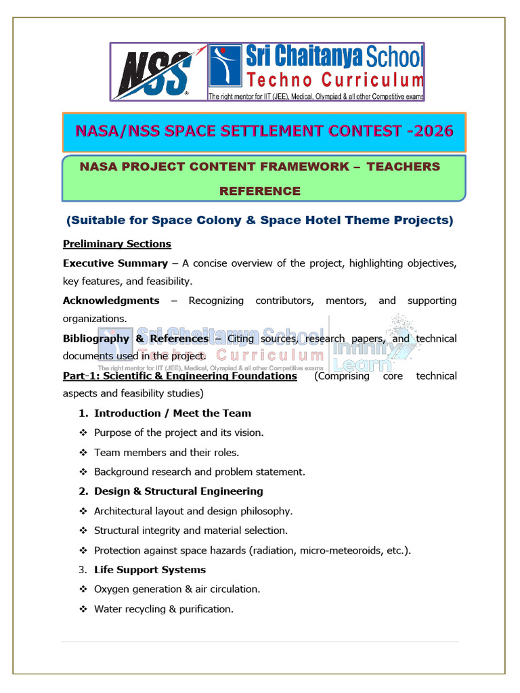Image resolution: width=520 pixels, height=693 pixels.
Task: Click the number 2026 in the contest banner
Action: (431, 131)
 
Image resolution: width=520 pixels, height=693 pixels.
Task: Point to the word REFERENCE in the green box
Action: (259, 191)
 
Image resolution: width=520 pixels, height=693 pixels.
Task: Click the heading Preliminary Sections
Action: (117, 244)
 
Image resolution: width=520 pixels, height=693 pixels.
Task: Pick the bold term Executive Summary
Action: (115, 263)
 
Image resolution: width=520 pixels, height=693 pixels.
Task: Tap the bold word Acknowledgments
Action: (111, 300)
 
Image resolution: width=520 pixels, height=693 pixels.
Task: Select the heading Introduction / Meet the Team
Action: (172, 413)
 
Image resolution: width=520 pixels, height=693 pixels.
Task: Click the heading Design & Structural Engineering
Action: (178, 491)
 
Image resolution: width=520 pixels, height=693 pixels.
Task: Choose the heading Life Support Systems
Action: (150, 570)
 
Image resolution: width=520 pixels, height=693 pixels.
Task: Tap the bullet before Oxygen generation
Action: (83, 589)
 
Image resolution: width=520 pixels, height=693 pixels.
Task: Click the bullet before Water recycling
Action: (83, 609)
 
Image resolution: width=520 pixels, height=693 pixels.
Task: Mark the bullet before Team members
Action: (83, 453)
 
